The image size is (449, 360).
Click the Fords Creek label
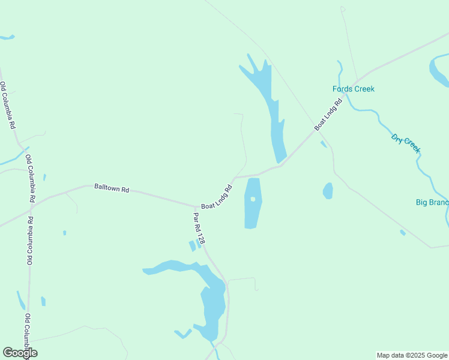pyautogui.click(x=353, y=89)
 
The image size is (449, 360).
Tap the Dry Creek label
pyautogui.click(x=405, y=143)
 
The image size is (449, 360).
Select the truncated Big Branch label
pyautogui.click(x=432, y=202)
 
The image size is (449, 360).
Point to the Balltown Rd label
pyautogui.click(x=112, y=188)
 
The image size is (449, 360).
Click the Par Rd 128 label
pyautogui.click(x=199, y=227)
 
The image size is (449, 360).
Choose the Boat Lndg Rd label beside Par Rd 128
pyautogui.click(x=217, y=197)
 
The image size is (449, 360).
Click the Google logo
pyautogui.click(x=20, y=353)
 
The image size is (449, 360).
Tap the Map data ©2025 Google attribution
pyautogui.click(x=412, y=355)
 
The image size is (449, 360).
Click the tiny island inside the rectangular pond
pyautogui.click(x=253, y=199)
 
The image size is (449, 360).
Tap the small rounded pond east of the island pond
pyautogui.click(x=328, y=191)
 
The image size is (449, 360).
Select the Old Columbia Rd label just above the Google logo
pyautogui.click(x=28, y=334)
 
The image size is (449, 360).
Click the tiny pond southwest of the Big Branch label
pyautogui.click(x=403, y=232)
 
